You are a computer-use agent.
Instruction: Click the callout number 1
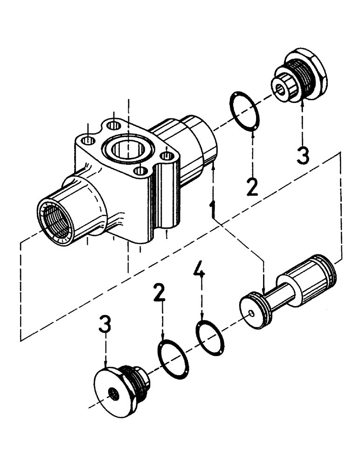point(213,210)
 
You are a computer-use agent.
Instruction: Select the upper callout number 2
point(252,186)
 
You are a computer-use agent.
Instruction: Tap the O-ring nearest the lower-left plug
point(173,359)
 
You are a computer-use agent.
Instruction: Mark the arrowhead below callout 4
point(202,318)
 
